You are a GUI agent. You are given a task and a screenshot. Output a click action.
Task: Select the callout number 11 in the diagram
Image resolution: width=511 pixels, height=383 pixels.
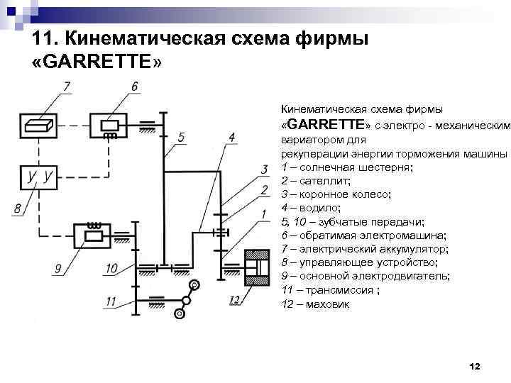[109, 301]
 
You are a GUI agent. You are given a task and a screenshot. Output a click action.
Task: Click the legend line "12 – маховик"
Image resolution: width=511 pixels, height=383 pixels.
[315, 304]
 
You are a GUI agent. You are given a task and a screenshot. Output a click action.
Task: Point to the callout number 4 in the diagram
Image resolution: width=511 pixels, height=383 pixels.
[232, 136]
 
